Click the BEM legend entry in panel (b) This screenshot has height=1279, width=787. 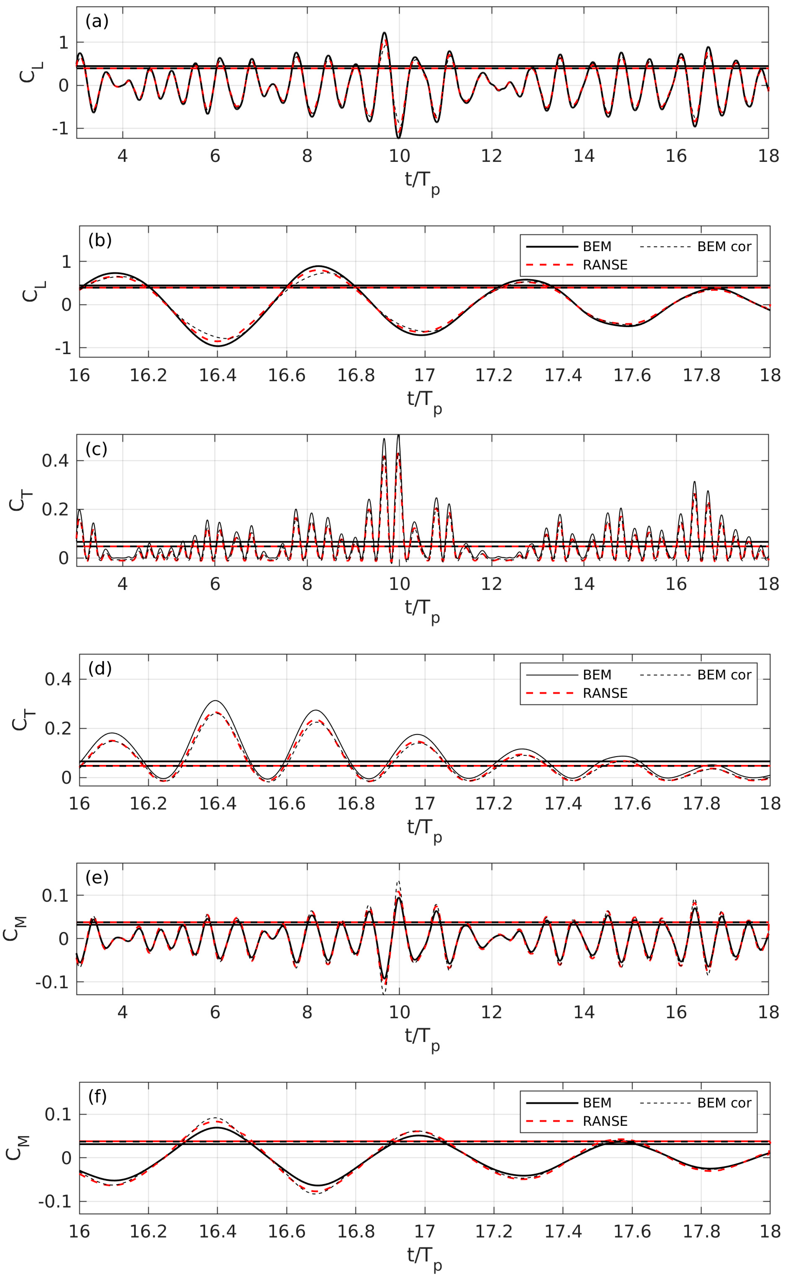click(x=597, y=247)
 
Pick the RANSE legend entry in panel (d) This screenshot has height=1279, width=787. click(x=605, y=693)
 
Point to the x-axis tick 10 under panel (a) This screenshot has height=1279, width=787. click(x=399, y=156)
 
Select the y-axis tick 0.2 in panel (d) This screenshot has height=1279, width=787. click(x=58, y=729)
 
